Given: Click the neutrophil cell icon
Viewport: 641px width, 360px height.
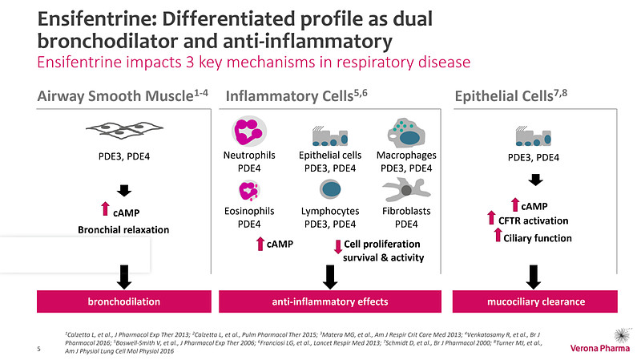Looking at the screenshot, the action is tap(249, 131).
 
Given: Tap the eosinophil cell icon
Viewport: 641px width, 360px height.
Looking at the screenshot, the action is tap(249, 191).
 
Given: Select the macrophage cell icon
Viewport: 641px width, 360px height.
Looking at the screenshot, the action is tap(406, 133).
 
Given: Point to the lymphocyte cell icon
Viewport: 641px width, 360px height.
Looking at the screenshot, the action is tap(330, 189).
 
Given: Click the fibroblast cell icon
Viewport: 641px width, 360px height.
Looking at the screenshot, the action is tap(406, 189).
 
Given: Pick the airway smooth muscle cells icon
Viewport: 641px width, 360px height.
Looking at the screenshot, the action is tap(124, 129).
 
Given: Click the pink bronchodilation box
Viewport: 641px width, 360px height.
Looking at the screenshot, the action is tap(124, 301).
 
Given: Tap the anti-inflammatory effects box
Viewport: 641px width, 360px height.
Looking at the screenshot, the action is tap(330, 301).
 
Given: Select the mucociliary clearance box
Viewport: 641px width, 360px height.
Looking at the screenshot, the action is tap(535, 301).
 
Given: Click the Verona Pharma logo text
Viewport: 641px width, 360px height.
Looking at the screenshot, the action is tap(599, 349).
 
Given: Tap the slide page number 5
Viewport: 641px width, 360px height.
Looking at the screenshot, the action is tap(38, 349).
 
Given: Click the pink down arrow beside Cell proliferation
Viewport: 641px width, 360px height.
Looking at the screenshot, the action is tap(337, 247).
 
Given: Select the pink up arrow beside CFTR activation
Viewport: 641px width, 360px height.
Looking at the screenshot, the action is tap(491, 217).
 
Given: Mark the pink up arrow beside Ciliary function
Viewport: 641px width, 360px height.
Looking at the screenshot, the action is tap(498, 235).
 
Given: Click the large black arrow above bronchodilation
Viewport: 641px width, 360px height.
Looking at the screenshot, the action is tap(124, 277).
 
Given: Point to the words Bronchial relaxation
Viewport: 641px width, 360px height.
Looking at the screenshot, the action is tap(123, 230).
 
